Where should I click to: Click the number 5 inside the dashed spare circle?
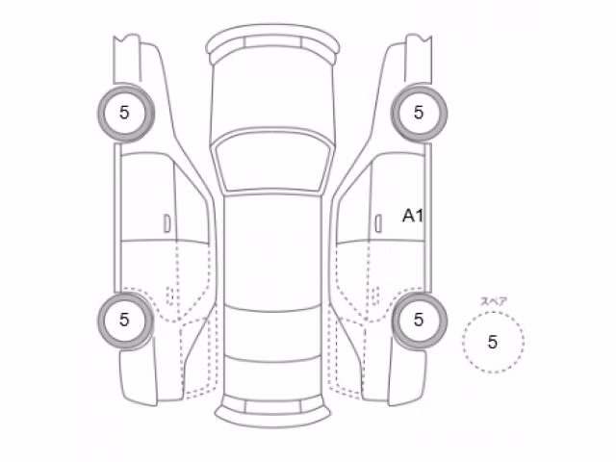click(x=493, y=343)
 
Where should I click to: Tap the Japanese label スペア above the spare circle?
click(x=494, y=301)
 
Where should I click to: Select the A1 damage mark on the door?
click(x=413, y=216)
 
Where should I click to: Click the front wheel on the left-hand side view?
click(x=126, y=113)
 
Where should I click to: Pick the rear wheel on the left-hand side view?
click(x=126, y=320)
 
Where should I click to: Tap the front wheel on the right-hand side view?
click(x=419, y=113)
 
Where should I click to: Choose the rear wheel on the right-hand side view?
click(x=419, y=320)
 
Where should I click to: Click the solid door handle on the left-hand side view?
click(x=167, y=223)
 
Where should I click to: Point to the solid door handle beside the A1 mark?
click(x=378, y=223)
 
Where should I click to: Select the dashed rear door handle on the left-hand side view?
click(x=170, y=295)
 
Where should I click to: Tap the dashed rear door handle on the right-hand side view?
click(x=374, y=295)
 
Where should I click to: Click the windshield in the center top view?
click(x=272, y=162)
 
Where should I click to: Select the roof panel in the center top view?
click(x=272, y=251)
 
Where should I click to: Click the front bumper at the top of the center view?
click(x=272, y=41)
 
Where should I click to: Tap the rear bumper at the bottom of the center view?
click(x=272, y=412)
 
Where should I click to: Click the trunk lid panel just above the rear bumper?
click(x=272, y=377)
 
